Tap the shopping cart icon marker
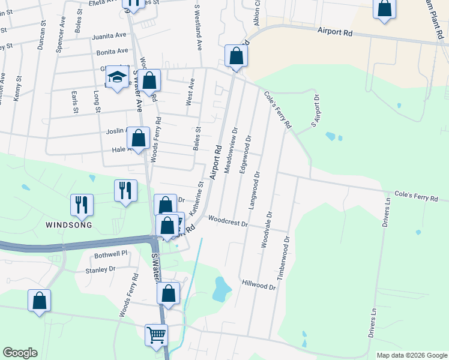(x=156, y=334)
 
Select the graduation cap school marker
(x=118, y=77)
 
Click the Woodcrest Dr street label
(x=228, y=223)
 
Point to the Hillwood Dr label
(x=259, y=284)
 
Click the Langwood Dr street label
(x=253, y=190)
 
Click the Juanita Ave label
(x=110, y=36)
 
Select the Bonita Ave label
(x=114, y=52)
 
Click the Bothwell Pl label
(x=111, y=254)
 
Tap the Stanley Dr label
(x=100, y=269)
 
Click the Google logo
(x=20, y=353)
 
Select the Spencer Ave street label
(x=60, y=35)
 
